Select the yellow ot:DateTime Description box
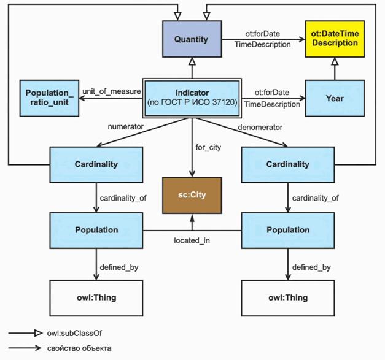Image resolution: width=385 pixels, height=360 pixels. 333,39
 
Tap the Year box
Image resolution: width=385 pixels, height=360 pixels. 335,98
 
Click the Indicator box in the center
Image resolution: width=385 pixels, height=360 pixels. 192,98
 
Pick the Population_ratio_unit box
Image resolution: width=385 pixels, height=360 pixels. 50,98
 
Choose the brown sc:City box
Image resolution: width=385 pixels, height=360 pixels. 192,194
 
